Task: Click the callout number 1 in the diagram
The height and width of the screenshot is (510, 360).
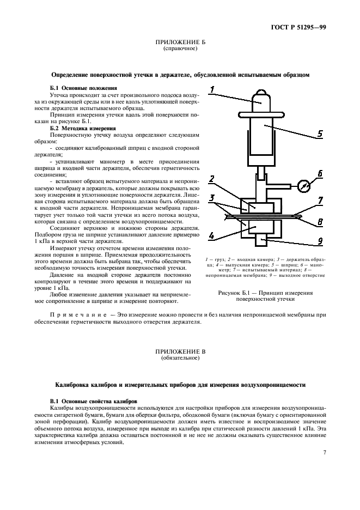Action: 213,90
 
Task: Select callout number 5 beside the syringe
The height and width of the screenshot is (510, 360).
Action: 321,132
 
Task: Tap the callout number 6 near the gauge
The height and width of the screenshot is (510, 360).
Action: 320,174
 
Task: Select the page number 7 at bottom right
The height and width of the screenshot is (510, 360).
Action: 324,453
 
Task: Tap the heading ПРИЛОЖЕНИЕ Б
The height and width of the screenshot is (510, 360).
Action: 180,42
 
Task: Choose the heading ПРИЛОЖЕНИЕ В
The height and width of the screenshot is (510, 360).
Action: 180,353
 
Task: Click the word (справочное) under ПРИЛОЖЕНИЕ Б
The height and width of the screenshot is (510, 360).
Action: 180,48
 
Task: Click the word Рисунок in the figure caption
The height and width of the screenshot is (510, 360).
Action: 230,293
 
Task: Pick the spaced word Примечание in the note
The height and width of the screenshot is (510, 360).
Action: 79,315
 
